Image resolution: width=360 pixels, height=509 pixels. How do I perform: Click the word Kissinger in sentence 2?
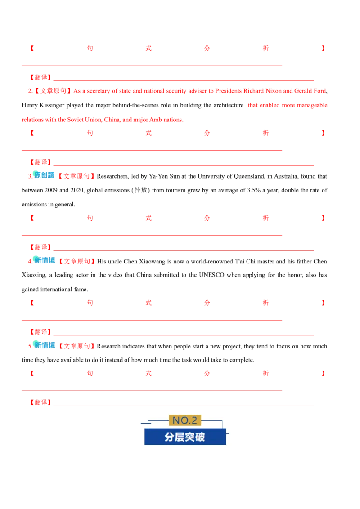pyautogui.click(x=52, y=105)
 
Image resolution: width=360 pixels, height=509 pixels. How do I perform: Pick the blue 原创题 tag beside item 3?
pyautogui.click(x=44, y=175)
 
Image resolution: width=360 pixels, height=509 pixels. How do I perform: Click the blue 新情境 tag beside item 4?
pyautogui.click(x=45, y=260)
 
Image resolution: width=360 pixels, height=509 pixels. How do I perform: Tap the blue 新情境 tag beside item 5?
pyautogui.click(x=45, y=345)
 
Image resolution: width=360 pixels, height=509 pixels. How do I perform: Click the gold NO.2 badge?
pyautogui.click(x=185, y=420)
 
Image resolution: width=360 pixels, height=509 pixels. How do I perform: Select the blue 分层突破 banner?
pyautogui.click(x=185, y=437)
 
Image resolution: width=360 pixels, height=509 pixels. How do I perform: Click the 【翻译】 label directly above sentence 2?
pyautogui.click(x=40, y=77)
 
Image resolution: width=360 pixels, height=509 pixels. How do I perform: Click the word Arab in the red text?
pyautogui.click(x=156, y=120)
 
